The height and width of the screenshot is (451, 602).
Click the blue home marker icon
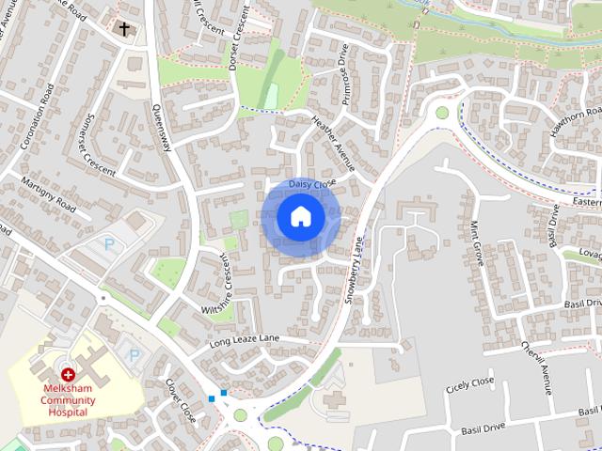pos(300,216)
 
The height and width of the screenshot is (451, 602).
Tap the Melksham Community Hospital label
pos(69,400)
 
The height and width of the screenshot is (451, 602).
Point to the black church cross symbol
pos(123,29)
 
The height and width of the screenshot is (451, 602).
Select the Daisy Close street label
pos(312,183)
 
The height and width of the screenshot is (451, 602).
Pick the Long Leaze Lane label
pos(245,339)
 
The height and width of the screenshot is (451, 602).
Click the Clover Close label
pos(180,399)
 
